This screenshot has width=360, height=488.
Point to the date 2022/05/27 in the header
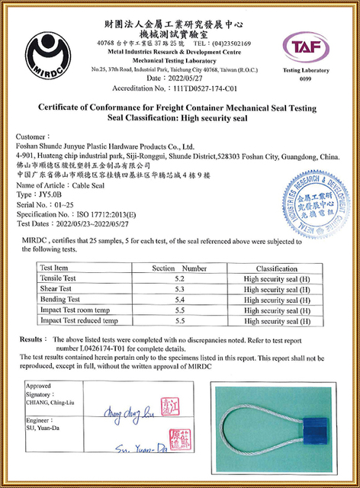pyautogui.click(x=187, y=78)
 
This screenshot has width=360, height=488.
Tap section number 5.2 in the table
pyautogui.click(x=179, y=279)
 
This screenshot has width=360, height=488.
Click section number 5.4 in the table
pyautogui.click(x=179, y=300)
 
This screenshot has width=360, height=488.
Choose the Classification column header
pyautogui.click(x=276, y=268)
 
